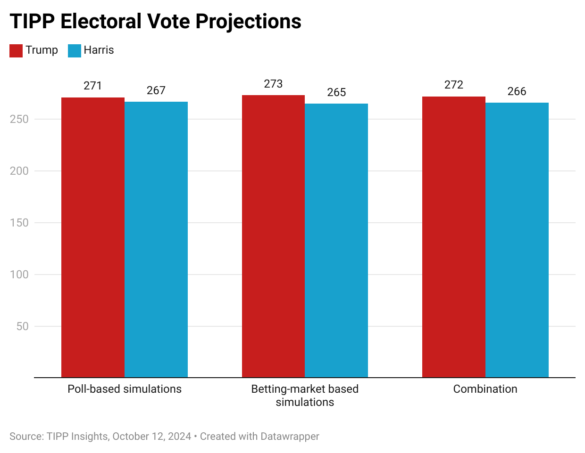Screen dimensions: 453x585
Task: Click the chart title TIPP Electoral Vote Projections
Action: [x=155, y=21]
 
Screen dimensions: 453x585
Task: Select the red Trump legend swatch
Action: [x=16, y=50]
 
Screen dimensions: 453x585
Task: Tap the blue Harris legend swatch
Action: [x=75, y=50]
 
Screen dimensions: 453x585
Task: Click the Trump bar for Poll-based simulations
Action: [x=93, y=237]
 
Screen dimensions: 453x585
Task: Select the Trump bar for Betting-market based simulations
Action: [x=273, y=236]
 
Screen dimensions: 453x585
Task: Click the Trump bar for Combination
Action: [x=454, y=237]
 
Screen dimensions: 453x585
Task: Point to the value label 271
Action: [x=93, y=86]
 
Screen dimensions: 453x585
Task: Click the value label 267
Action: [x=156, y=90]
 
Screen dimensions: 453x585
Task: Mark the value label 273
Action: [x=273, y=84]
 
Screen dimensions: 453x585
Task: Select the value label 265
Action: [x=336, y=92]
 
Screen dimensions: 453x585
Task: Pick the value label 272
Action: [x=454, y=85]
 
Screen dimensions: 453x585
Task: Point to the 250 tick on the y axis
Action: [x=19, y=119]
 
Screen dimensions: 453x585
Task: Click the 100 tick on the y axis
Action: [x=19, y=275]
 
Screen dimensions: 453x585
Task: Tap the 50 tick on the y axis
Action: [x=22, y=326]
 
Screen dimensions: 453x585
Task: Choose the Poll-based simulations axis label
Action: [x=125, y=389]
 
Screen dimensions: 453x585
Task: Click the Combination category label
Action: [x=485, y=389]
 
